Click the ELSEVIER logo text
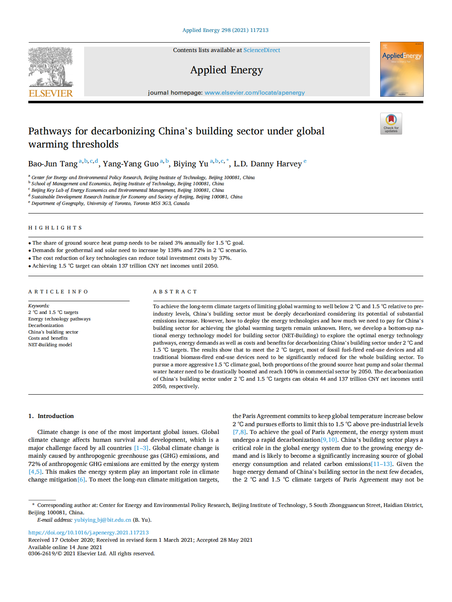(51, 93)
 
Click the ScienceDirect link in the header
(262, 50)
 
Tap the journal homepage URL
(254, 93)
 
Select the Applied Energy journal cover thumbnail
(402, 69)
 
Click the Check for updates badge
(391, 123)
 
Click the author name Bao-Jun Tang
(53, 164)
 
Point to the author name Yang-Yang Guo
(130, 164)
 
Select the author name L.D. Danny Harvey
(267, 164)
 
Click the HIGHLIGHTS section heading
(55, 228)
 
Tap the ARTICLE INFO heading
(58, 292)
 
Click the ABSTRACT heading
(175, 292)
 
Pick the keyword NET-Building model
(50, 345)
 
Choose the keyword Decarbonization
(46, 325)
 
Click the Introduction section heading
(55, 416)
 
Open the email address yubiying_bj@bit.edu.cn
(103, 520)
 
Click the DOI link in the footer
(88, 532)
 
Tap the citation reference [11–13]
(381, 464)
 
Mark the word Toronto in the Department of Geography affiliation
(123, 203)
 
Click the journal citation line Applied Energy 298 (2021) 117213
(225, 30)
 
